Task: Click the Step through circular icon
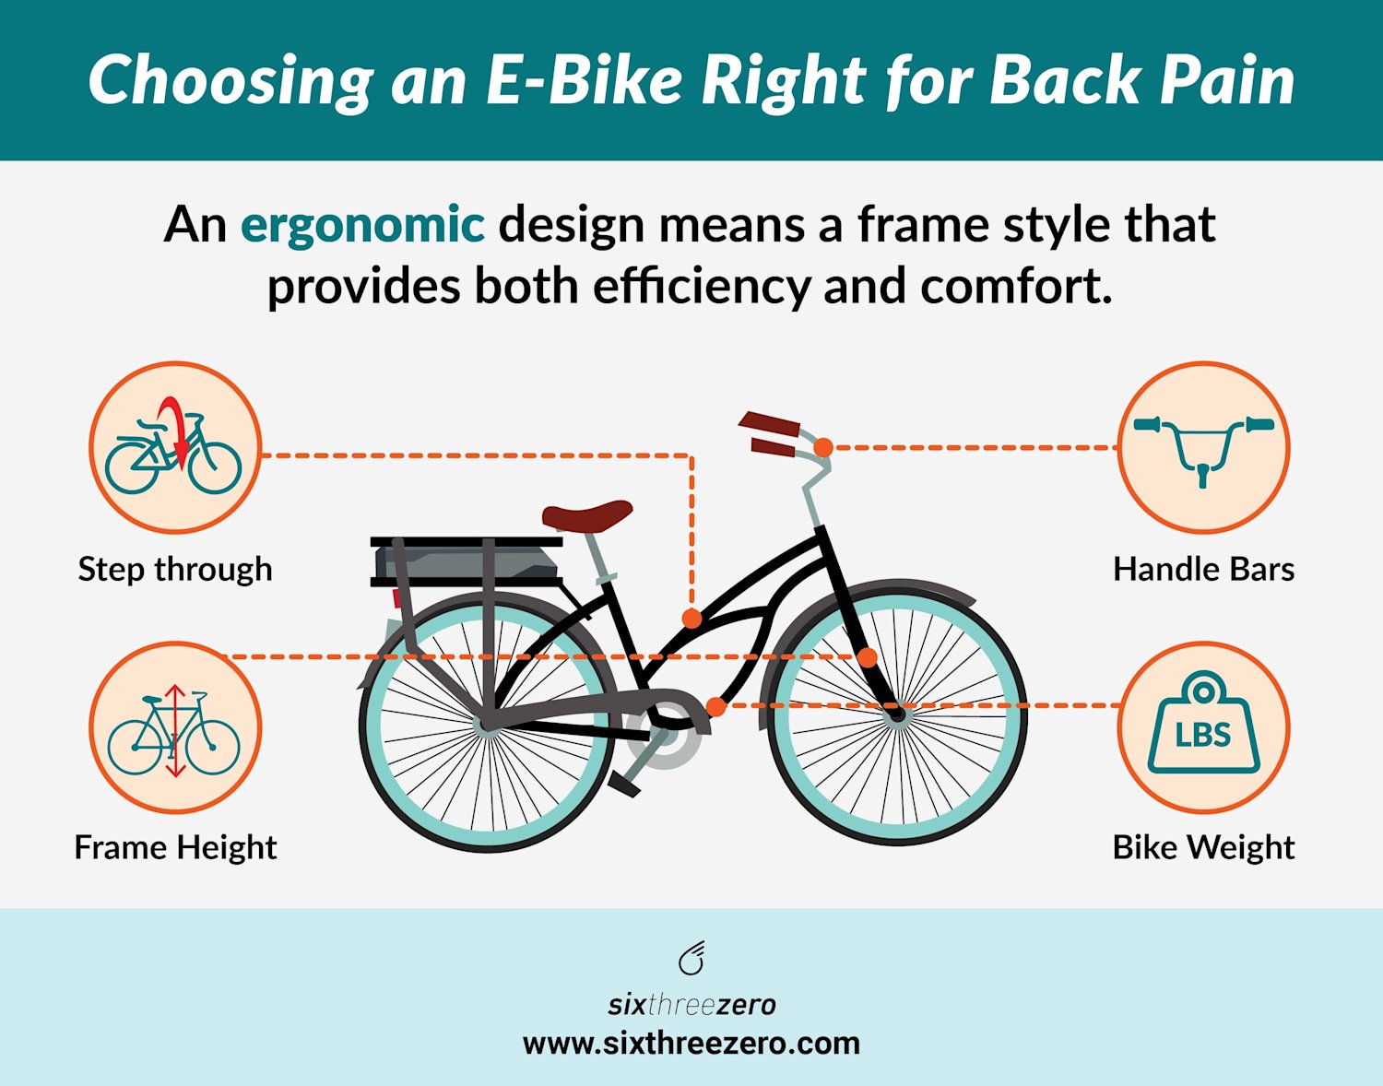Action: (x=175, y=448)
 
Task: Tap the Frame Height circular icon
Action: (x=175, y=728)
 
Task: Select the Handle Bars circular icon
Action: (x=1203, y=448)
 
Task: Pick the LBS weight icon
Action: (x=1203, y=728)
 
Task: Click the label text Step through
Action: (x=175, y=569)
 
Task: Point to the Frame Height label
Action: (x=175, y=847)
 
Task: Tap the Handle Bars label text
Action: (x=1203, y=569)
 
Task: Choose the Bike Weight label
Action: (x=1203, y=847)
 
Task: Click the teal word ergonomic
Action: (x=362, y=225)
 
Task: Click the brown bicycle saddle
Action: (x=587, y=515)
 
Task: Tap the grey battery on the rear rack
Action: (x=466, y=561)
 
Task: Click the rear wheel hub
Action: (x=487, y=725)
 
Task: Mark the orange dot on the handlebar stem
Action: (x=823, y=447)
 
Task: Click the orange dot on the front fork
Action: (x=868, y=657)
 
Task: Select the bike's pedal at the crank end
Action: (x=624, y=784)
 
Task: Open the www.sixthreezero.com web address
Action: (x=691, y=1044)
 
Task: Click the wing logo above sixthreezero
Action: (x=691, y=959)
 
